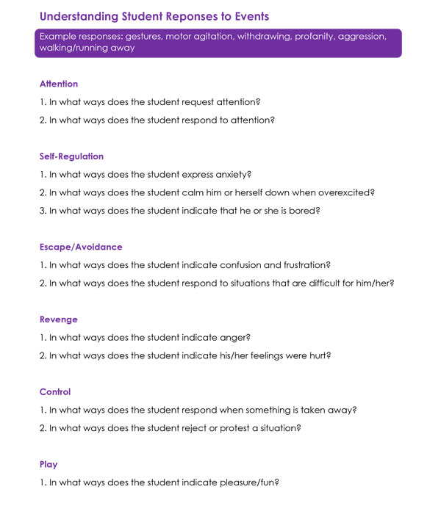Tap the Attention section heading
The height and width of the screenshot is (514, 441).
point(59,84)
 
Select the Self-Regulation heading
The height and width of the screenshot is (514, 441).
point(71,156)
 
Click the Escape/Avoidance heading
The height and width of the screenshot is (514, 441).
point(81,247)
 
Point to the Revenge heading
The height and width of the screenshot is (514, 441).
point(59,319)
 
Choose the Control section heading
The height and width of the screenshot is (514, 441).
point(56,392)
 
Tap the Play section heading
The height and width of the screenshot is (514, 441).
point(49,465)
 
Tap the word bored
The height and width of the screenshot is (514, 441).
point(305,211)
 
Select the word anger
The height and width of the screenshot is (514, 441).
point(234,338)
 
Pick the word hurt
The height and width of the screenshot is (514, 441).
point(318,356)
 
